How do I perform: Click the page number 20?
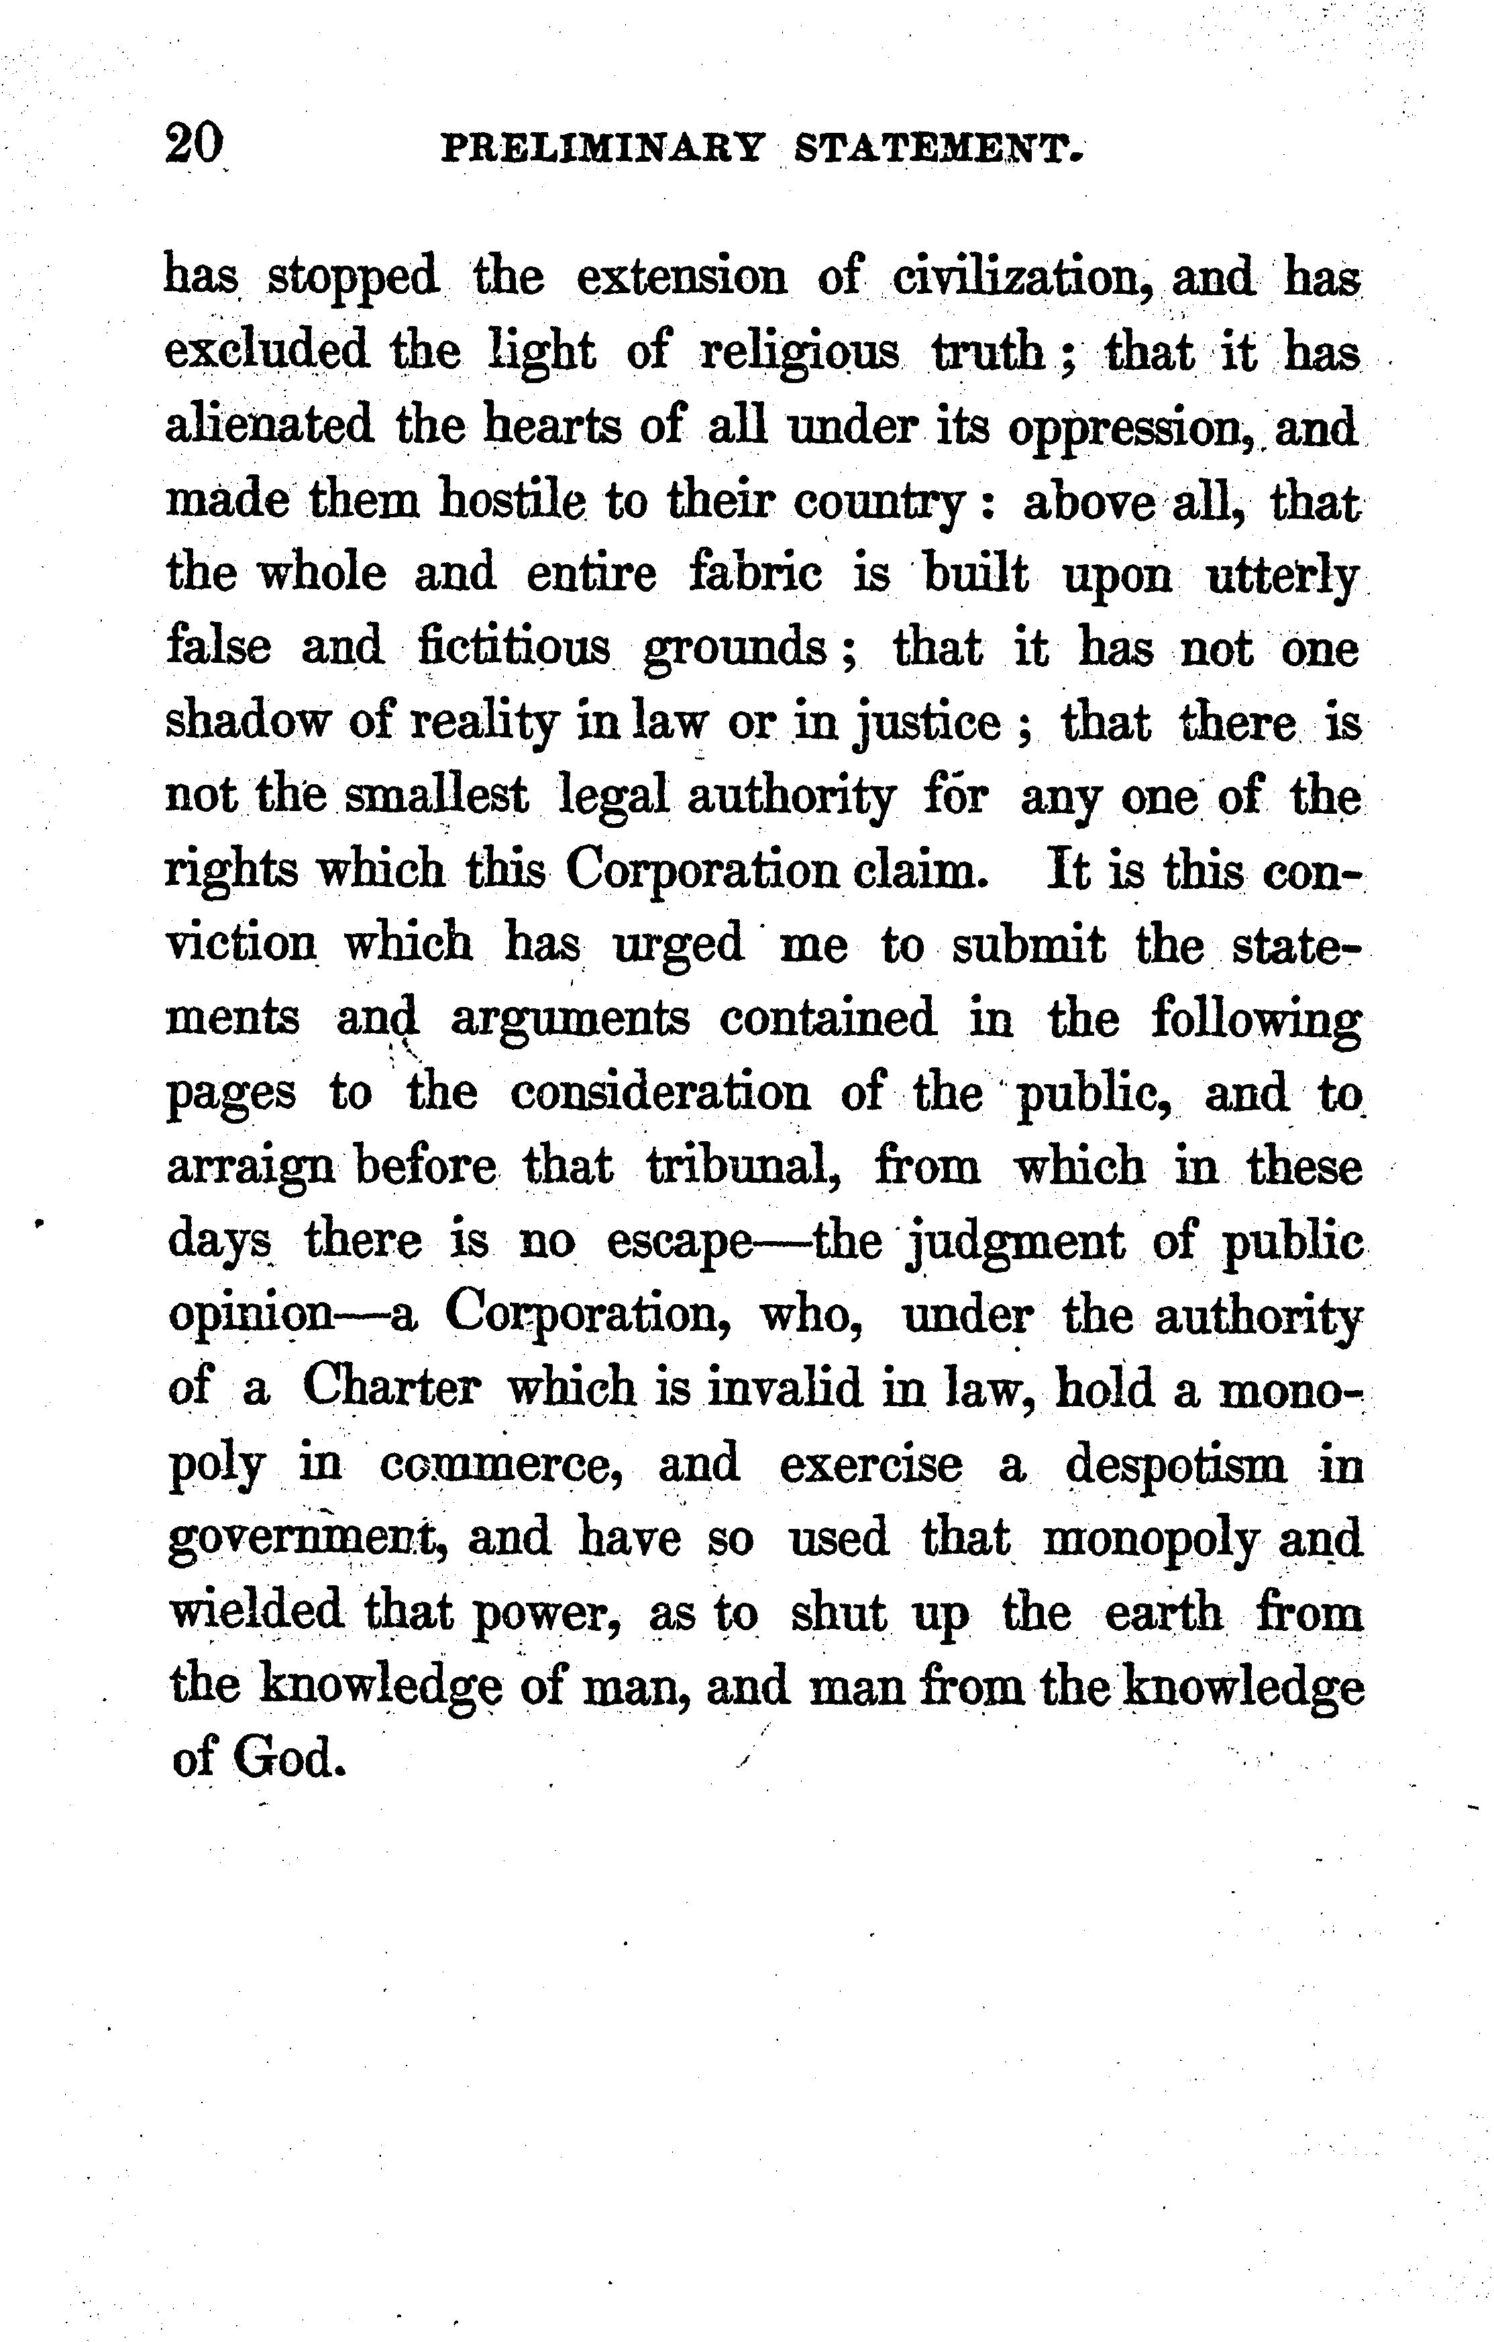tap(195, 144)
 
